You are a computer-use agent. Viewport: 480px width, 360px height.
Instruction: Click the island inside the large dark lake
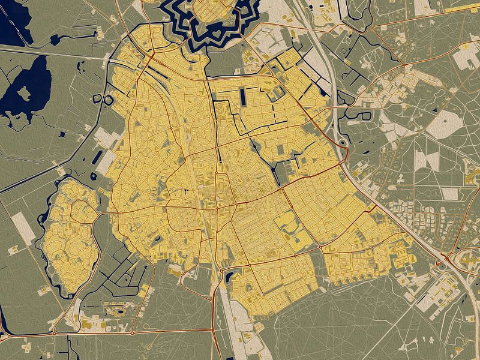(x=25, y=92)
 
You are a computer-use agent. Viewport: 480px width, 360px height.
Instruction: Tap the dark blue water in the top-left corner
(x=12, y=24)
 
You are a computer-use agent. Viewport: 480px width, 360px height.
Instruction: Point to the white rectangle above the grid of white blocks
(x=449, y=193)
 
